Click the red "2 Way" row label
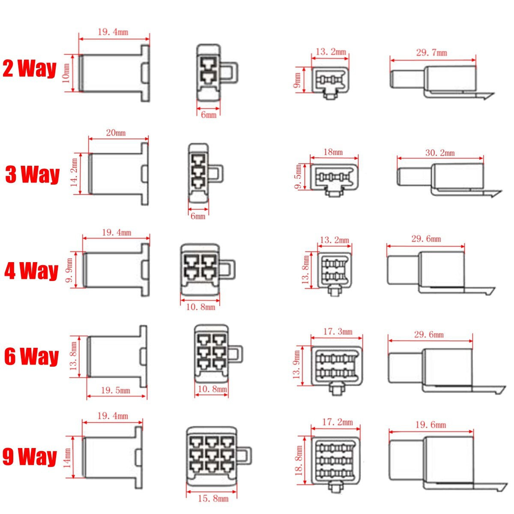coord(29,69)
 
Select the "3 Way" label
coord(32,175)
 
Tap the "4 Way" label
coord(31,271)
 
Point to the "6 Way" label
coord(31,356)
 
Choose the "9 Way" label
coord(30,457)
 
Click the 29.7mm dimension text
coord(431,53)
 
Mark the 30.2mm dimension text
coord(439,153)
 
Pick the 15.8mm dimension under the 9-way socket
coord(213,499)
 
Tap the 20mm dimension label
coord(116,133)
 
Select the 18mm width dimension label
coord(333,152)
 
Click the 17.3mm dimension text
coord(338,332)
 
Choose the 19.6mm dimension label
coord(430,425)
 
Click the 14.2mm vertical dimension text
coord(75,173)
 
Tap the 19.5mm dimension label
coord(115,390)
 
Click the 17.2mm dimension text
coord(338,422)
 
